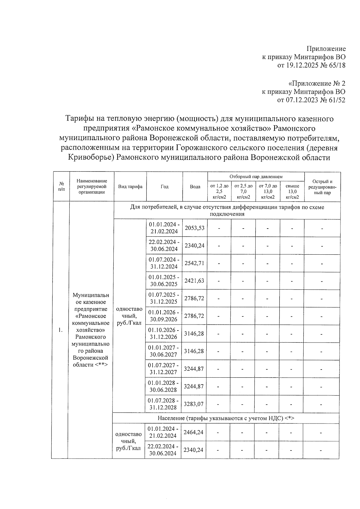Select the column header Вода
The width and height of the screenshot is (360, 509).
pos(195,187)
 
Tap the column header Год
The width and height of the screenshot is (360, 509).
pos(164,187)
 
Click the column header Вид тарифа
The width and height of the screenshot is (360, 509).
pos(130,187)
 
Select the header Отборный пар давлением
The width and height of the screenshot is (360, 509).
pos(256,177)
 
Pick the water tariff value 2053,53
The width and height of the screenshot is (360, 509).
pos(194,228)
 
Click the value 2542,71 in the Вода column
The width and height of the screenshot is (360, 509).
pos(194,263)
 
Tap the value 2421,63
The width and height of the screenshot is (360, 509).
pos(194,281)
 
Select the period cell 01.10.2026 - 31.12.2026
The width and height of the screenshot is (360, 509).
pos(164,334)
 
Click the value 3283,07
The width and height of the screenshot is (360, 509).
pos(193,404)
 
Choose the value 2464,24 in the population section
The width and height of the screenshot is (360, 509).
pos(193,433)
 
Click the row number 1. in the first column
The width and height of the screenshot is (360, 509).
pos(61,330)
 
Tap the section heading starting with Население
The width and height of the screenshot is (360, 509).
pos(226,418)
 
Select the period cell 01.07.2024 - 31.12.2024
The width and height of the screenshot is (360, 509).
pos(164,263)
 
